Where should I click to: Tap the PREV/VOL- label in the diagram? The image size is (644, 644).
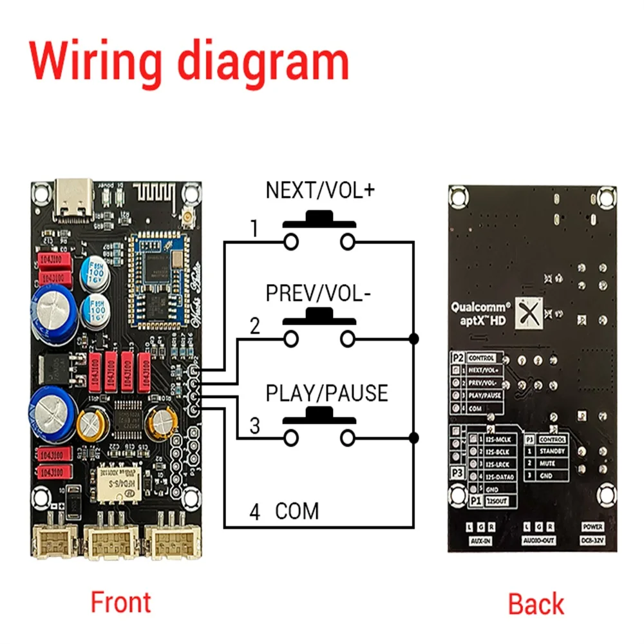coord(318,293)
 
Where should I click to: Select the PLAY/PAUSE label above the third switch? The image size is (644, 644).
coord(327,393)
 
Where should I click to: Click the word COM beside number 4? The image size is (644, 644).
coord(297,511)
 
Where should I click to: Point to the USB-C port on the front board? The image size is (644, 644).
coord(72,201)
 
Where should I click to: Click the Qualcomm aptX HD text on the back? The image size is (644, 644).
coord(480,315)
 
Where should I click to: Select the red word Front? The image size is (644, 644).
coord(120,602)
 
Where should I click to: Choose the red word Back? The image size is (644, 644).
coord(536,604)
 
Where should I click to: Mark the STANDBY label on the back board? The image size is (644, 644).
coord(552,451)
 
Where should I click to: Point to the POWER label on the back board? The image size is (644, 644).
coord(592,526)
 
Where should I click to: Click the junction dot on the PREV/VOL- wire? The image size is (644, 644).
coord(413,337)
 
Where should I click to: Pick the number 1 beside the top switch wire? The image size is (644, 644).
coord(255,229)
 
